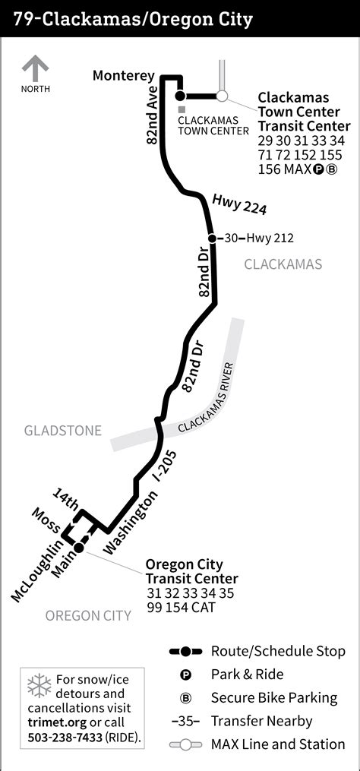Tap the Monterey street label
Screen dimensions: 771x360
click(124, 75)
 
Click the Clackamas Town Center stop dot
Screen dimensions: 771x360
click(181, 96)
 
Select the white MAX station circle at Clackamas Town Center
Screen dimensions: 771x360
click(222, 96)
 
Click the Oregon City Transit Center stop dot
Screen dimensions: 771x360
click(78, 547)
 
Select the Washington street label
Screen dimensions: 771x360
click(134, 523)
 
